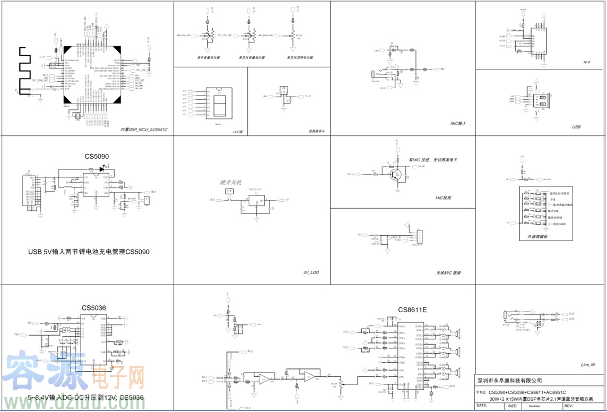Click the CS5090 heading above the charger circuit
coord(97,157)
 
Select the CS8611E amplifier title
coord(412,310)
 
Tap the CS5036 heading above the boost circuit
coord(94,307)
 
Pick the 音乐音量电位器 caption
coord(209,57)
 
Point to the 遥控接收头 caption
coord(316,131)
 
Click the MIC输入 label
coord(458,123)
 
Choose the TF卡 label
coord(586,63)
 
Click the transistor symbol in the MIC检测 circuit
coord(395,174)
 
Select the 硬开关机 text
coord(230,182)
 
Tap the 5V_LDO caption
coord(311,272)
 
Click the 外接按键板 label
coord(537,236)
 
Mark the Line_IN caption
coord(588,365)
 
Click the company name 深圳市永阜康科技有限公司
coord(509,380)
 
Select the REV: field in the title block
coord(569,406)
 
